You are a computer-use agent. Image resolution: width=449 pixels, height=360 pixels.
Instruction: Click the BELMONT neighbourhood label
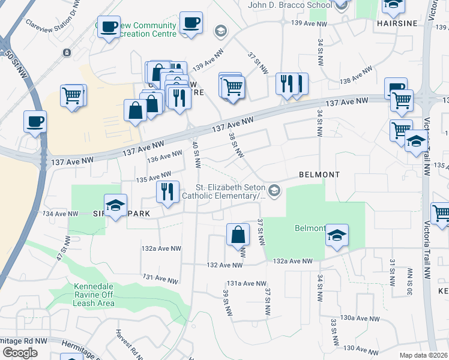[319, 175]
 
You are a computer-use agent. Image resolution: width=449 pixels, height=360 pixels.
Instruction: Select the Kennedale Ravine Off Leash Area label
[94, 295]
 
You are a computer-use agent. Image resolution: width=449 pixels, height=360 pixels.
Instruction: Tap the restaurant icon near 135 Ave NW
[168, 191]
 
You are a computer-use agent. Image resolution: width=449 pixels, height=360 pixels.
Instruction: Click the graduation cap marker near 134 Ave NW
[115, 205]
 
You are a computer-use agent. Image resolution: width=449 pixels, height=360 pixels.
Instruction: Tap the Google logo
[20, 353]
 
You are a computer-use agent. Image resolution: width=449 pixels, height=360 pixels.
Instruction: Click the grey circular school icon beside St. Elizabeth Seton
[274, 191]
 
